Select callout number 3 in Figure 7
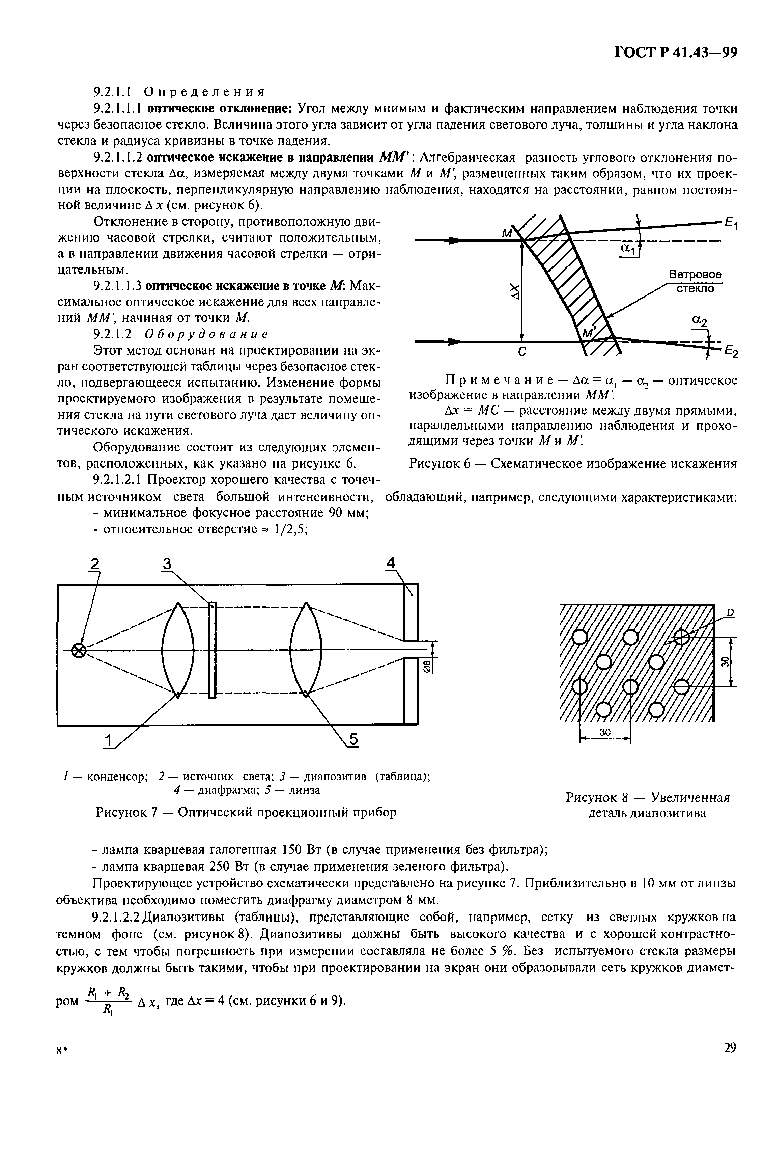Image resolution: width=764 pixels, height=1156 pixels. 167,564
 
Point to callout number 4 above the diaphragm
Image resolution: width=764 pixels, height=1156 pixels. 391,564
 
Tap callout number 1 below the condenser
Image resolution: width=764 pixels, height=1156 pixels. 108,739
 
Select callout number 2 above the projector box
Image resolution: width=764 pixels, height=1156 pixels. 94,564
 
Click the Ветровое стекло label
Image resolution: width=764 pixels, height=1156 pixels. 695,281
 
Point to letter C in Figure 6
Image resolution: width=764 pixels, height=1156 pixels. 521,352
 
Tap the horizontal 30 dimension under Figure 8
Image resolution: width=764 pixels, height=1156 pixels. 605,732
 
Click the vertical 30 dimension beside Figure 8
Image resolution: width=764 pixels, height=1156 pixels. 725,661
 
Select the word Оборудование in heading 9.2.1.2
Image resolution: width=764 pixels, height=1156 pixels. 206,334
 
